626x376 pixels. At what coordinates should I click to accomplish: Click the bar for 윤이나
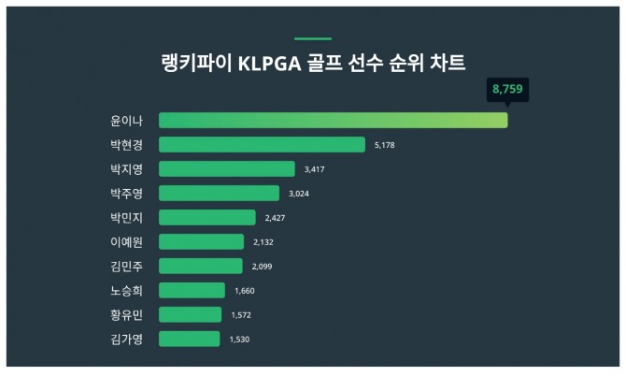[x=333, y=121]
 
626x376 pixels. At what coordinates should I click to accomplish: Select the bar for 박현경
[x=262, y=145]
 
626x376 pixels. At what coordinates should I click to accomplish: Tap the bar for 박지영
[x=227, y=169]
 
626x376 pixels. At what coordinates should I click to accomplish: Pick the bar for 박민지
[x=206, y=218]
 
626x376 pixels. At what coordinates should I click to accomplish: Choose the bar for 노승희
[x=192, y=291]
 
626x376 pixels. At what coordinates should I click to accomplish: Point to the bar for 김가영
[x=189, y=340]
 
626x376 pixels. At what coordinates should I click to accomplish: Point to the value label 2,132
[x=264, y=242]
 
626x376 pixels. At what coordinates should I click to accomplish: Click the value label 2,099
[x=262, y=267]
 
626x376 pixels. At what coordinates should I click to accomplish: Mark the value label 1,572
[x=242, y=315]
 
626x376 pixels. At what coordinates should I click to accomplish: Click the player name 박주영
[x=126, y=194]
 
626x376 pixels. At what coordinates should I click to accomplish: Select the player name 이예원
[x=126, y=242]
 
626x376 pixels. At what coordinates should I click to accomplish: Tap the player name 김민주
[x=126, y=267]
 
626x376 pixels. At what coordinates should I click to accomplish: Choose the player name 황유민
[x=126, y=315]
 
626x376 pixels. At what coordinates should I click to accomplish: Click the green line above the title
[x=313, y=39]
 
